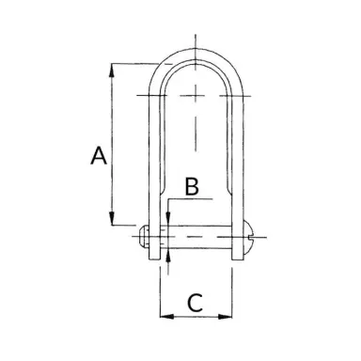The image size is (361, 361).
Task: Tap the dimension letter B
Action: point(190,187)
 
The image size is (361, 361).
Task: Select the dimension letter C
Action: point(194,303)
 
